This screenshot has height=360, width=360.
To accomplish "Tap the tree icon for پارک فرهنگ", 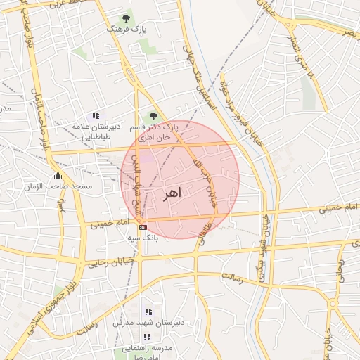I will click(x=126, y=18).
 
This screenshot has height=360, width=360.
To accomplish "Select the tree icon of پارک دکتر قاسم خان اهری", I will click(x=153, y=116).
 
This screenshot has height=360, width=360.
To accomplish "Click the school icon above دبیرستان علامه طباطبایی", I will click(x=96, y=116).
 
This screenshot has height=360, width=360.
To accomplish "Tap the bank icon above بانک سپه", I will click(x=143, y=227).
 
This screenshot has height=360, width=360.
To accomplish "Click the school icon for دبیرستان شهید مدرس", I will click(x=148, y=311).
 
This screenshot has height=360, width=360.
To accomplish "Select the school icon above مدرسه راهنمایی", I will click(x=147, y=337).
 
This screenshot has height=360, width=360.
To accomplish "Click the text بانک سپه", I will click(x=143, y=238).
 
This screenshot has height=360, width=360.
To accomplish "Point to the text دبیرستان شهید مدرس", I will click(x=148, y=323).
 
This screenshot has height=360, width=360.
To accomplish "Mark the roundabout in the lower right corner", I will click(x=333, y=303).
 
